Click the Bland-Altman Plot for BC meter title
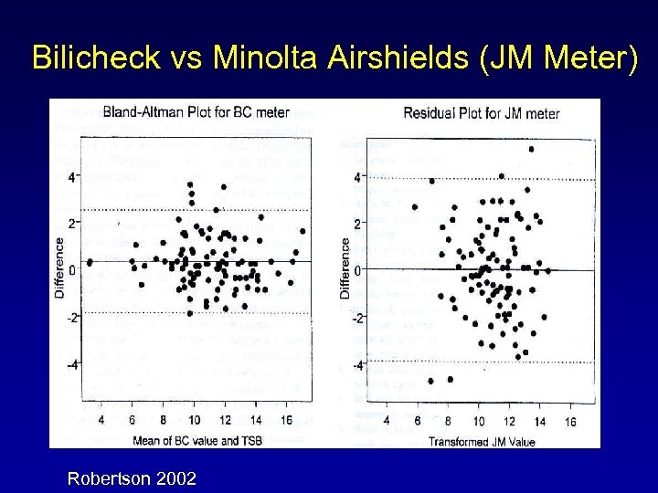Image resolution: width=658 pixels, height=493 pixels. [x=196, y=112]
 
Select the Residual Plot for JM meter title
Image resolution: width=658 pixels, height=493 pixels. [x=481, y=113]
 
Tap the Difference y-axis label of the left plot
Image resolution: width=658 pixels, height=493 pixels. [x=60, y=267]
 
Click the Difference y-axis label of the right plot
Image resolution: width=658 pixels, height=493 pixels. [x=345, y=268]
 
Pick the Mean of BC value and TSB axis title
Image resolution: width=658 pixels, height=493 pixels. [x=196, y=441]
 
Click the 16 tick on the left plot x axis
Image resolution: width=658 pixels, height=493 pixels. [x=287, y=420]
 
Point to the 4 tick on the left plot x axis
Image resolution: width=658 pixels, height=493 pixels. [x=101, y=420]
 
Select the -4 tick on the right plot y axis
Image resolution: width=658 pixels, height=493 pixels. [x=357, y=365]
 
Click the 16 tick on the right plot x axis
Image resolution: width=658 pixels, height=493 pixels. [x=571, y=422]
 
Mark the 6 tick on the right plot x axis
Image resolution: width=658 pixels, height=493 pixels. [x=417, y=422]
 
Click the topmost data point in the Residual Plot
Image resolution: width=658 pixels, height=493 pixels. [x=531, y=149]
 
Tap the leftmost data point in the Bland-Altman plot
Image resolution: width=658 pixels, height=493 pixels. [x=90, y=262]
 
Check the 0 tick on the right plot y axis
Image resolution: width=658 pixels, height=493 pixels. [x=358, y=269]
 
